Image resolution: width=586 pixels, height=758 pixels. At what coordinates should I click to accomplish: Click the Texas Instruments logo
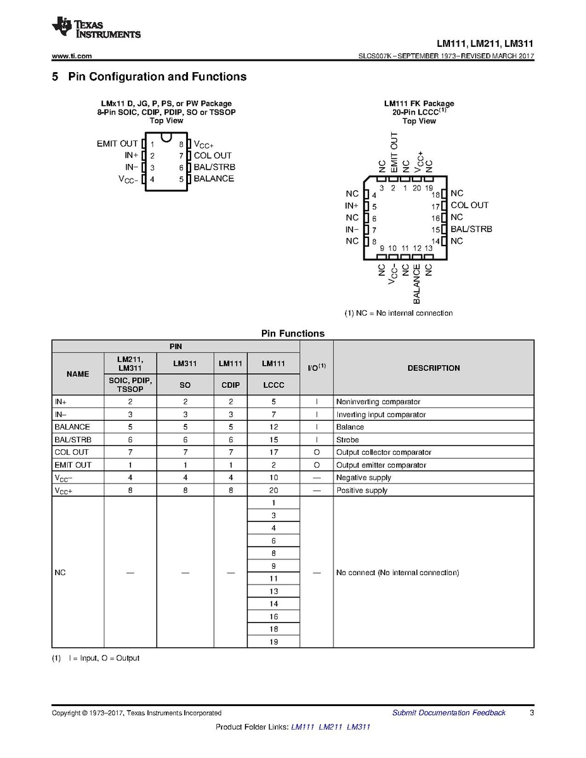tap(96, 27)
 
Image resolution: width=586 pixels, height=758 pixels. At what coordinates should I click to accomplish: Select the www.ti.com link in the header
tap(72, 56)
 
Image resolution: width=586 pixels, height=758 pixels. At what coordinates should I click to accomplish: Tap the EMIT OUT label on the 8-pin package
tap(117, 144)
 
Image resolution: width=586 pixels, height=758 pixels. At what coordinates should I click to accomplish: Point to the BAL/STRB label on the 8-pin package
tap(215, 167)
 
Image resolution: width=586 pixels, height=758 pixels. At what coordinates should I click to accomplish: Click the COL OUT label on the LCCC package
tap(470, 205)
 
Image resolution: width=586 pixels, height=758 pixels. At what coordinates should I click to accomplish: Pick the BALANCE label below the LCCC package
tap(417, 284)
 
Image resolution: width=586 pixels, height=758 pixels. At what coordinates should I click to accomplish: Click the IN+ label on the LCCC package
tap(352, 206)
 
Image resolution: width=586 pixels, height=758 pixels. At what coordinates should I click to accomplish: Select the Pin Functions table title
tap(292, 333)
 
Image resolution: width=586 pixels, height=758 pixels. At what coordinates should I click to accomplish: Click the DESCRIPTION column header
tap(433, 368)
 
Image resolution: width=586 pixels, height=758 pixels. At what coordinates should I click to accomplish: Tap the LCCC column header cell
tap(273, 385)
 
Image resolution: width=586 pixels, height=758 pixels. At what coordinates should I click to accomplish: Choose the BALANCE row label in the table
tap(72, 427)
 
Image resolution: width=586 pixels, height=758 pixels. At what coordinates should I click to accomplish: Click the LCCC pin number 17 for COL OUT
tap(273, 452)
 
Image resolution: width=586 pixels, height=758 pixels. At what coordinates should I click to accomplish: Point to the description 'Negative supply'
tap(364, 478)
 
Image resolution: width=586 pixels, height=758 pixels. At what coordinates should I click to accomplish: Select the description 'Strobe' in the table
tap(347, 440)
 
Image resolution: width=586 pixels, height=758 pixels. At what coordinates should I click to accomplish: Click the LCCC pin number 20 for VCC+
tap(273, 490)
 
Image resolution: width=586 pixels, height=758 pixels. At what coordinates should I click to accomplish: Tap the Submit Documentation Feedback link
tap(449, 712)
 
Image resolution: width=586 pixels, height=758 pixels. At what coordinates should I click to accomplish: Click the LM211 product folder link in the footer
tap(332, 726)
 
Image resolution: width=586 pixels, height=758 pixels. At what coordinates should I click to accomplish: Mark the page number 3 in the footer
tap(532, 712)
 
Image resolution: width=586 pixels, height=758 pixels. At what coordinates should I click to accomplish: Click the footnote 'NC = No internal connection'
tap(399, 313)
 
